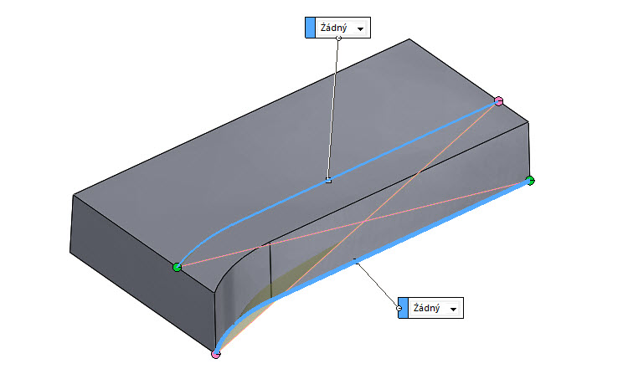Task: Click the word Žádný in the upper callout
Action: click(334, 28)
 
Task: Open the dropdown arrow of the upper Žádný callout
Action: click(361, 29)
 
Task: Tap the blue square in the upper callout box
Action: click(311, 28)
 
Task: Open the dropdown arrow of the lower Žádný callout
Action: click(454, 310)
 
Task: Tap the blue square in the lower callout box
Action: click(404, 308)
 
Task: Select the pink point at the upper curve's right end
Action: click(499, 101)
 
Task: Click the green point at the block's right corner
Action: click(529, 180)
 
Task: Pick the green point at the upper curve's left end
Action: click(177, 267)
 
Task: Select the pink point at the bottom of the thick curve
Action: click(216, 354)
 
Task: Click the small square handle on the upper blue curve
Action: click(328, 180)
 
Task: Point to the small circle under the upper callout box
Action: click(338, 38)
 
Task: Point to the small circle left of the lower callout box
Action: click(399, 308)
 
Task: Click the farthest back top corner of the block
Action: click(409, 39)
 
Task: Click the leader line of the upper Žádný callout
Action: click(333, 109)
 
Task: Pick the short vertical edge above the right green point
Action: click(529, 151)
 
